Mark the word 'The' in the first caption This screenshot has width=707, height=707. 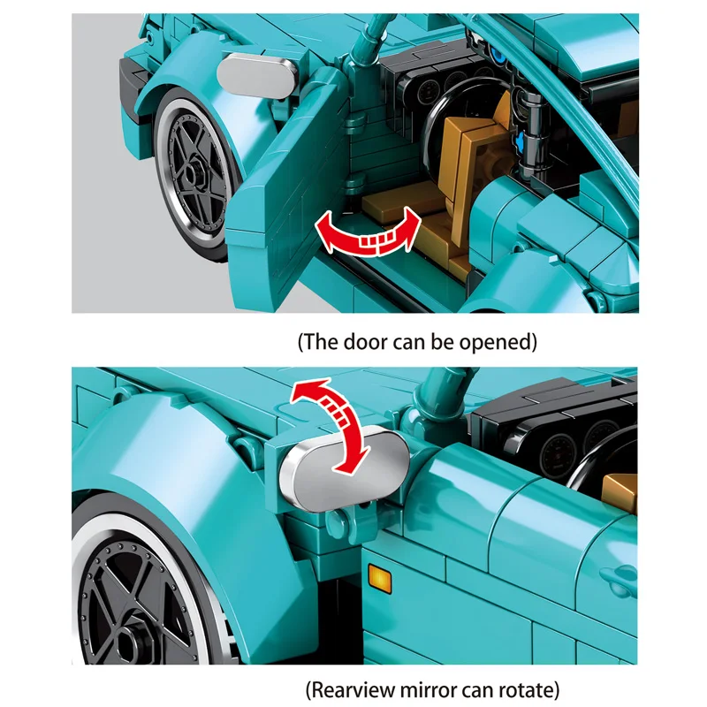pos(323,340)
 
